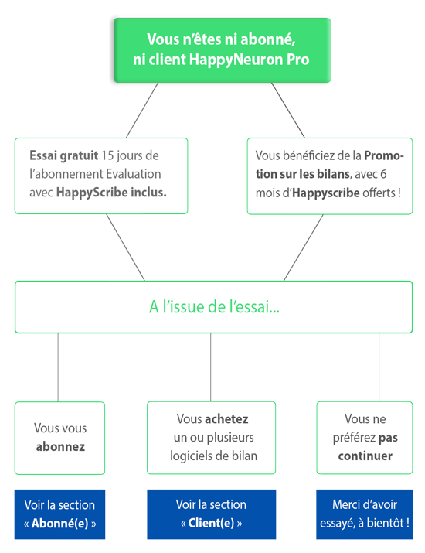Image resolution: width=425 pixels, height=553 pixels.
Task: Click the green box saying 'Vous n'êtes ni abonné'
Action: [x=222, y=50]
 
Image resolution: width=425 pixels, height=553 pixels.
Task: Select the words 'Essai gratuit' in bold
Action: [x=64, y=155]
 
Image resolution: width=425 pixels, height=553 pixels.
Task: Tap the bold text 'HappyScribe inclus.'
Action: [x=111, y=193]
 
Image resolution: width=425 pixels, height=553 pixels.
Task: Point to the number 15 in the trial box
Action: [x=107, y=155]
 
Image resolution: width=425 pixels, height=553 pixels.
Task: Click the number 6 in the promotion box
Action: [x=383, y=174]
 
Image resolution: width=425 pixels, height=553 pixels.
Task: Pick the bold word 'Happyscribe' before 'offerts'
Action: [x=326, y=193]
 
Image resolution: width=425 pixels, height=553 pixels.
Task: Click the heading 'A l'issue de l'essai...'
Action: [x=214, y=307]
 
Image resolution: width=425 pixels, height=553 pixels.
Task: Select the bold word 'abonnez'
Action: [x=60, y=447]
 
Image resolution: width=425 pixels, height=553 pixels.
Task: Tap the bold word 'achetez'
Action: [x=226, y=419]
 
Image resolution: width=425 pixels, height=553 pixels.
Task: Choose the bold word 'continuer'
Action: [x=365, y=456]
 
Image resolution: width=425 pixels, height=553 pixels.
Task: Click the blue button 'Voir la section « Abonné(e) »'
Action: [x=60, y=514]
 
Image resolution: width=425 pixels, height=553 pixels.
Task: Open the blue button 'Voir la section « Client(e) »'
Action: [x=212, y=514]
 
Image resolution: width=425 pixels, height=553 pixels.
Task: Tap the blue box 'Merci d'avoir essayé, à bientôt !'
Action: [x=365, y=514]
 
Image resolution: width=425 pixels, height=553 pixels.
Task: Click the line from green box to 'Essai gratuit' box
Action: [x=142, y=110]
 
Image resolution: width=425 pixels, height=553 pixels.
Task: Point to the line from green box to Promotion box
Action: [x=288, y=110]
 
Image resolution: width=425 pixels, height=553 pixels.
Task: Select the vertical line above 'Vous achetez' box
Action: [x=211, y=367]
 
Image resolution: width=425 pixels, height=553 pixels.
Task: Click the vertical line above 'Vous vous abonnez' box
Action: [x=58, y=367]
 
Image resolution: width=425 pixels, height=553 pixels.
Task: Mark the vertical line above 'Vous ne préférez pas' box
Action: [x=379, y=367]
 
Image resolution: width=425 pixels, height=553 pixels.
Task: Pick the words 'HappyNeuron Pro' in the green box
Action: [x=249, y=60]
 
